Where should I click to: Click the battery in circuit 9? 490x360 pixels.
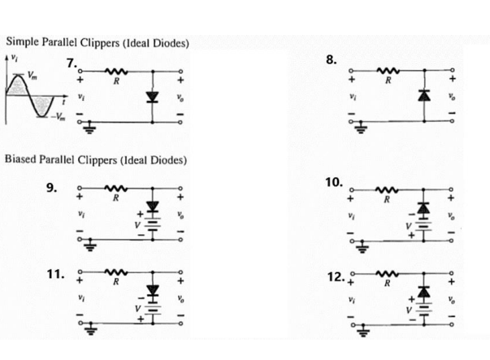152,227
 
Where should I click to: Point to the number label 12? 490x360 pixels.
340,276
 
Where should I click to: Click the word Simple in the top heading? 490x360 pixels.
24,43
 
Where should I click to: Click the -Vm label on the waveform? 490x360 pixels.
61,115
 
